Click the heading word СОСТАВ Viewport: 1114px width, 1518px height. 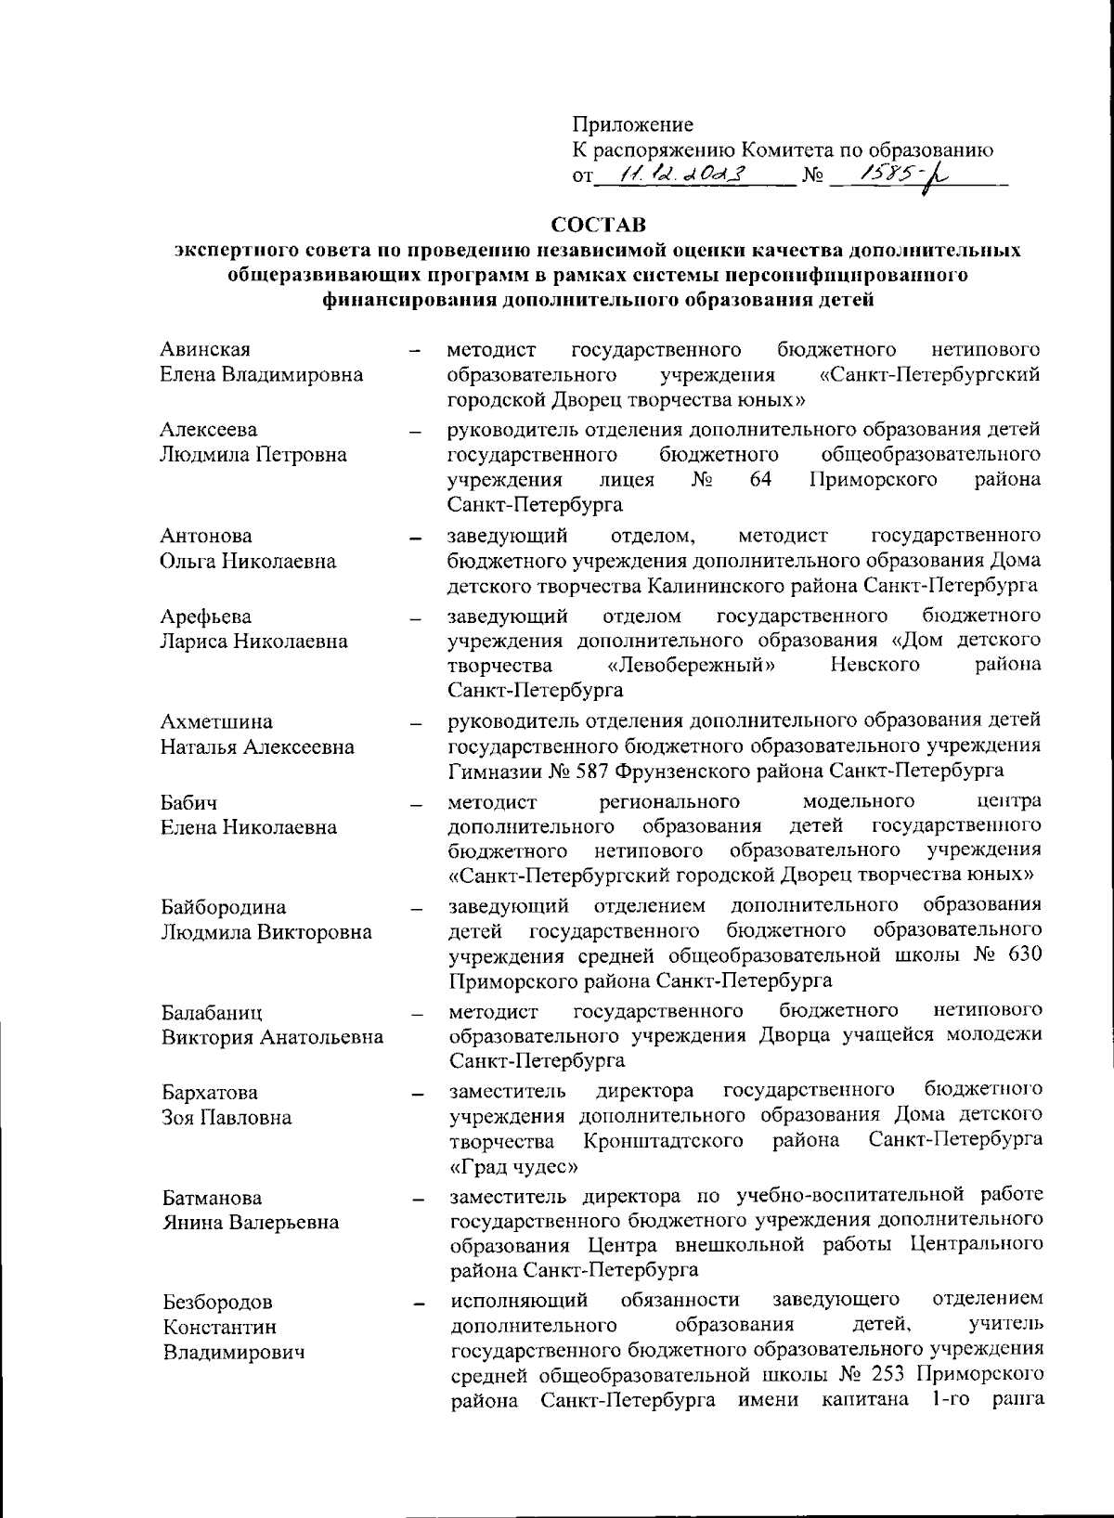[x=599, y=226]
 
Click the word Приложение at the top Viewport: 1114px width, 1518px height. [x=632, y=124]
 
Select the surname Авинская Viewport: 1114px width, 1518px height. [x=205, y=349]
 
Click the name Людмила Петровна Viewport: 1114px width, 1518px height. [x=253, y=454]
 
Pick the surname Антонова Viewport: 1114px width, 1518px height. [x=205, y=536]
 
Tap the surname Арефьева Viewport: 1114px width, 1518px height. [x=205, y=616]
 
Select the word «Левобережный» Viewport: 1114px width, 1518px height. [x=693, y=665]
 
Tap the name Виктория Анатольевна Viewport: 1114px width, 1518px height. [x=272, y=1037]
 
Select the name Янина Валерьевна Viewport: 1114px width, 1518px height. [x=251, y=1222]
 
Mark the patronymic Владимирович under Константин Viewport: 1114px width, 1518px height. [x=234, y=1352]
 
